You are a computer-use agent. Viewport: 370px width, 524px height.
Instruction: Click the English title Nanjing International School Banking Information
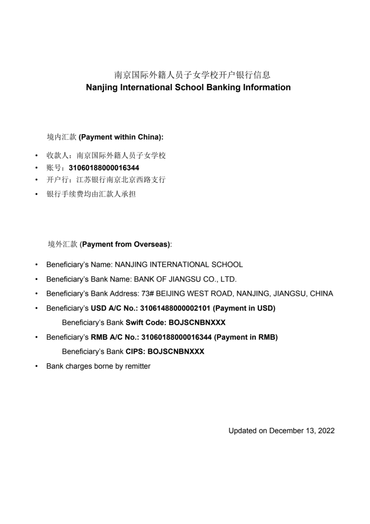188,88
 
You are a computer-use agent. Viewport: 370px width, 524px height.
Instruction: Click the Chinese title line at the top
192,75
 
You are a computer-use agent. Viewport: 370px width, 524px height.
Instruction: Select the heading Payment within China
121,137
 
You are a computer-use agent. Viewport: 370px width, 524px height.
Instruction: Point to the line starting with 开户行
106,180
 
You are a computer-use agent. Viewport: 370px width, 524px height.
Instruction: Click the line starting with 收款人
106,156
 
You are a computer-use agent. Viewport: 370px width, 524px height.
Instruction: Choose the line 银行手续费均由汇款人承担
91,194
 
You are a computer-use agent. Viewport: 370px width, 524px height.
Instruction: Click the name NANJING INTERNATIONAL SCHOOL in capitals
179,265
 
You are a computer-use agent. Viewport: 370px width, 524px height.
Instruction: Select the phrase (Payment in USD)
244,309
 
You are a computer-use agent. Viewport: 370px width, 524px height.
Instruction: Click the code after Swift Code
197,323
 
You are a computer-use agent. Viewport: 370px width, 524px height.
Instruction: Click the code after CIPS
176,352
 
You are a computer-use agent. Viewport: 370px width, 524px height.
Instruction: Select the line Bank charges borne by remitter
98,366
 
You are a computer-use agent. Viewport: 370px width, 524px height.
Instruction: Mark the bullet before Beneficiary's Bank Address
37,294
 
